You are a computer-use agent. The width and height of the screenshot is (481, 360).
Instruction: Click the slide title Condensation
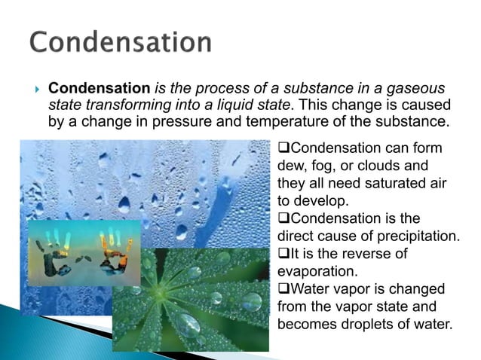121,42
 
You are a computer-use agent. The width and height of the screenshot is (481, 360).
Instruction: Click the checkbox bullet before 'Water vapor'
283,290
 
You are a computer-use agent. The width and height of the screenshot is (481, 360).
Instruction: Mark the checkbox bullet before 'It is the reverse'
283,255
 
